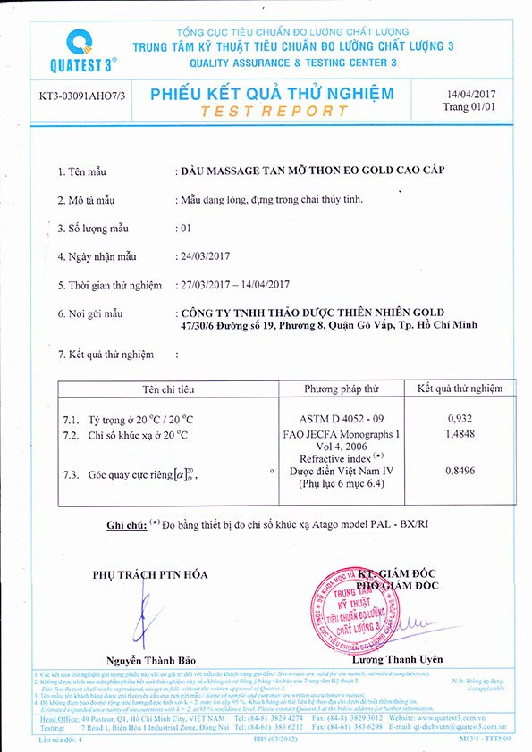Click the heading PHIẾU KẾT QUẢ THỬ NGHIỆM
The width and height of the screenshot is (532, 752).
(272, 93)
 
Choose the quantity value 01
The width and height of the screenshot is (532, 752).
(186, 228)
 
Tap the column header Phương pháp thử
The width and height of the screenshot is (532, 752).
(342, 389)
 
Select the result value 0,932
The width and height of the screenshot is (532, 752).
(460, 418)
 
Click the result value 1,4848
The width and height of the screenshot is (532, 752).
(460, 434)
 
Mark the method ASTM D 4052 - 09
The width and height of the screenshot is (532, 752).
(341, 418)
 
